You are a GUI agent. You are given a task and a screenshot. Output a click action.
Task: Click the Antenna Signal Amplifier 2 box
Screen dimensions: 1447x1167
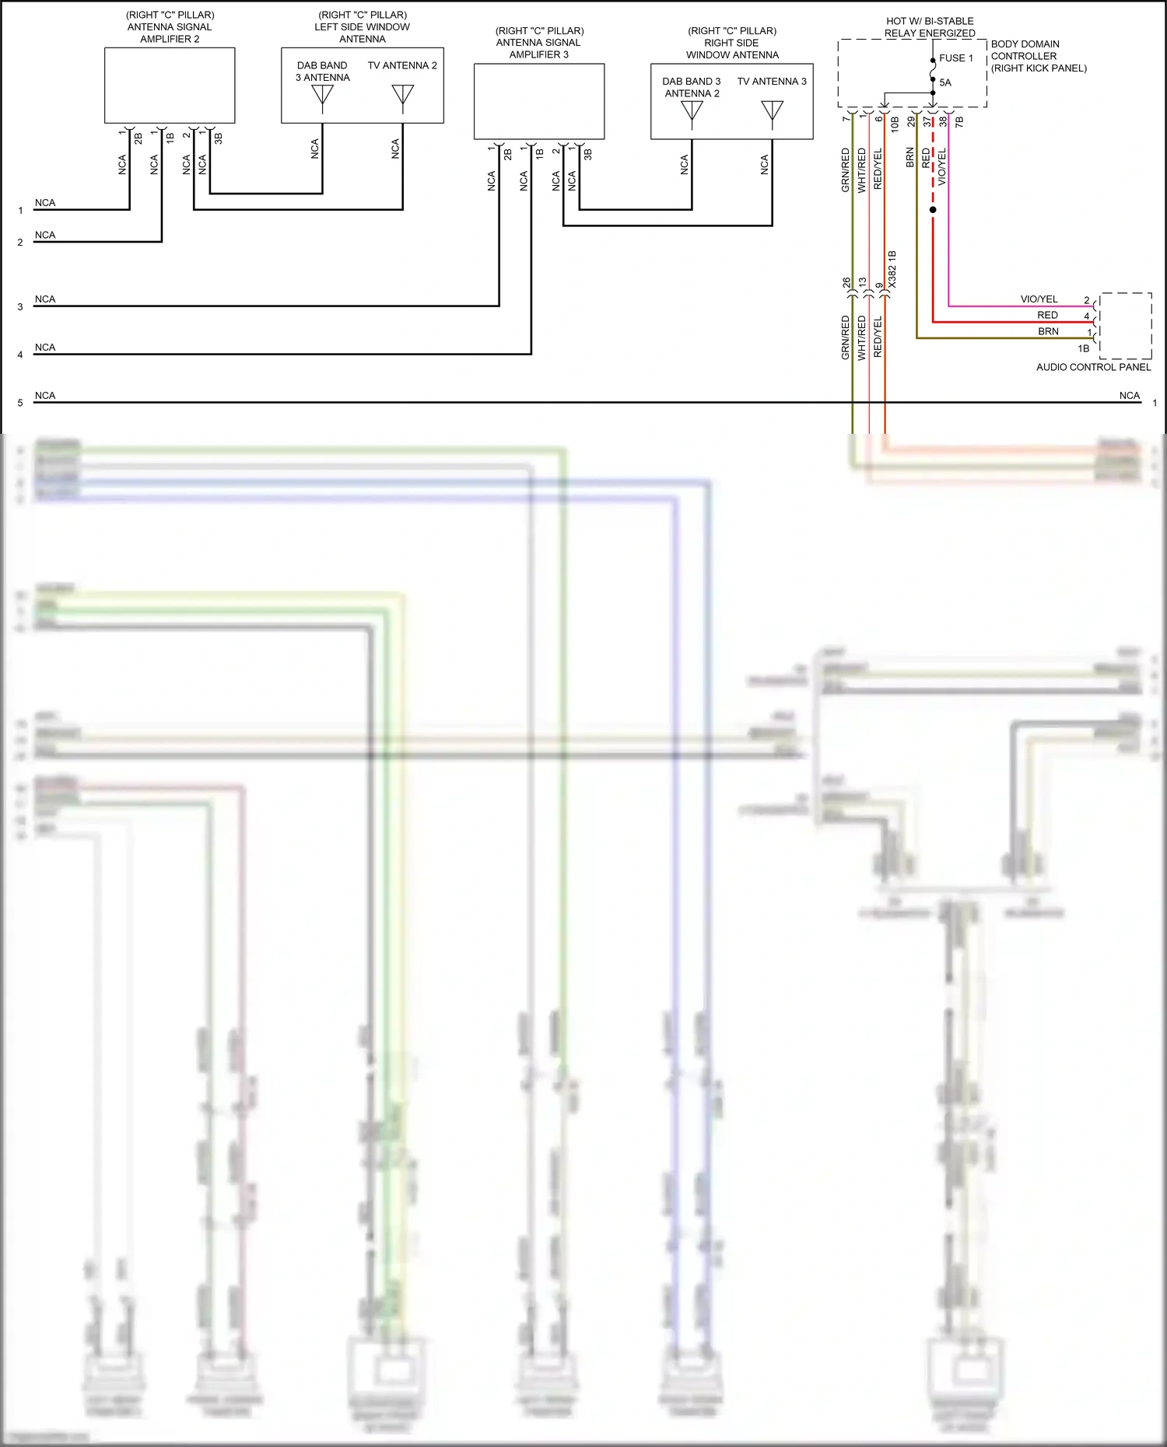[x=170, y=85]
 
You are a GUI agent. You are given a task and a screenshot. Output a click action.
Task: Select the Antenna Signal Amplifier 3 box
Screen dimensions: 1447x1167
[x=539, y=101]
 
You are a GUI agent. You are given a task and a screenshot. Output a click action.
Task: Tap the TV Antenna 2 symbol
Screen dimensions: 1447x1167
[x=402, y=96]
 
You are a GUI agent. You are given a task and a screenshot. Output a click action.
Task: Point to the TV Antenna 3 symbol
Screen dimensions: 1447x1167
[x=772, y=113]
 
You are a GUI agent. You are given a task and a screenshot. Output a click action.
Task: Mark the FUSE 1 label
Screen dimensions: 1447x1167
[x=956, y=58]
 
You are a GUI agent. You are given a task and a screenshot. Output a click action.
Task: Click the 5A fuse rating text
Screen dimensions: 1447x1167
[x=945, y=82]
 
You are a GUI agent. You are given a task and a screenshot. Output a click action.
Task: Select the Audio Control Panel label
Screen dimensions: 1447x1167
[x=1093, y=367]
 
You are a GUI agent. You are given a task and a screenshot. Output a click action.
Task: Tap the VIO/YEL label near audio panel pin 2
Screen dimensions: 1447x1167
[x=1039, y=299]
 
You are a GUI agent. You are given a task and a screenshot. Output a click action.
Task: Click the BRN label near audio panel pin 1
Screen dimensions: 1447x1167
[x=1048, y=331]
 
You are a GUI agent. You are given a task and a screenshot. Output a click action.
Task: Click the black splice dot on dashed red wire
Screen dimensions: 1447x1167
[x=933, y=210]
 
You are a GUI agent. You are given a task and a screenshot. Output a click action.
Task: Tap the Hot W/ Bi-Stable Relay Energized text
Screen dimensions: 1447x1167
[x=930, y=27]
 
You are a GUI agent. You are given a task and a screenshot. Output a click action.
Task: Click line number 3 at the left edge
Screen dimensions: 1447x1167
[x=20, y=307]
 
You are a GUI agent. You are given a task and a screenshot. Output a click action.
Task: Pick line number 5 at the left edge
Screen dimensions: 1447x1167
[x=20, y=404]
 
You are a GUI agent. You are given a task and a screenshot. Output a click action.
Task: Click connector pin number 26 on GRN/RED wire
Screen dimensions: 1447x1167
[x=846, y=284]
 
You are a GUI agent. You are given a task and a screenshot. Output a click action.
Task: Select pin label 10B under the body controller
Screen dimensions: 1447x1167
[x=895, y=123]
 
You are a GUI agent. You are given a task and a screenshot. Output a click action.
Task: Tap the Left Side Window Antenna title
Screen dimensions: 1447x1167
[x=362, y=27]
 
